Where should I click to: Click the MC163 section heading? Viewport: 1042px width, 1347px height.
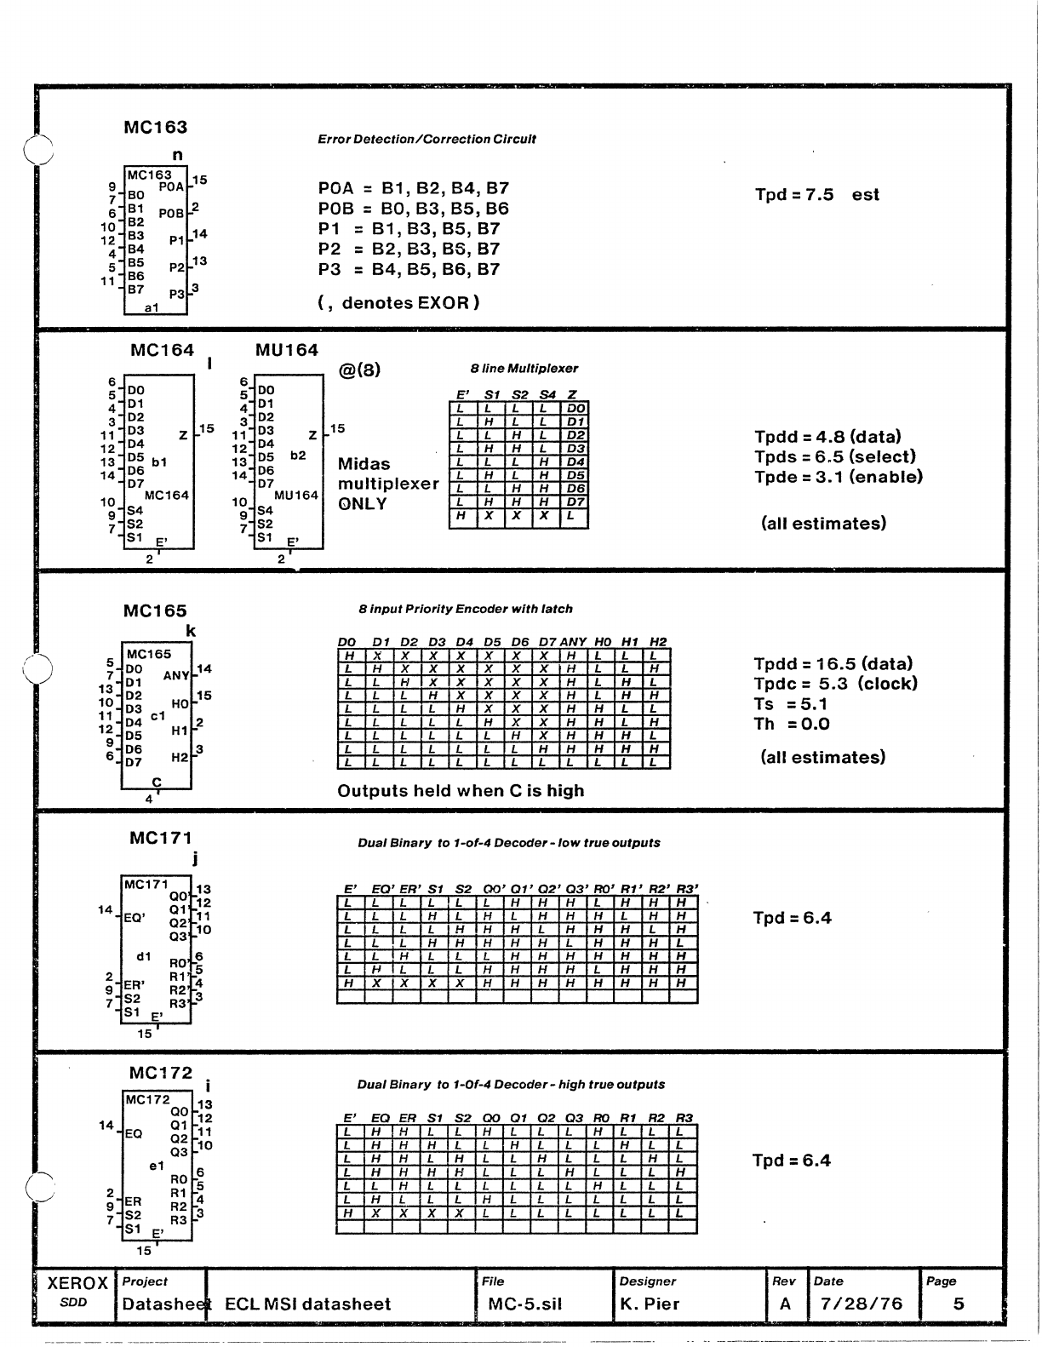pos(156,128)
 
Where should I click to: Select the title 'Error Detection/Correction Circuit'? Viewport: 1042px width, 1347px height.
pos(421,139)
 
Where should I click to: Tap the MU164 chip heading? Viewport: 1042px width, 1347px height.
pos(287,350)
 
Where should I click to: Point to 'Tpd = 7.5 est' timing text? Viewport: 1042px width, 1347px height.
pos(816,194)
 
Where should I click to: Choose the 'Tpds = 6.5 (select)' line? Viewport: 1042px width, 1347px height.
pos(834,456)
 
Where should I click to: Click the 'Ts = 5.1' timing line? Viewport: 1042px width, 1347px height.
pos(791,704)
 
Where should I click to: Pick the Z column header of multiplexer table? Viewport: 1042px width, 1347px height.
pos(573,395)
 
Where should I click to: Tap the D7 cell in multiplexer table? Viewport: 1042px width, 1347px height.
pos(575,502)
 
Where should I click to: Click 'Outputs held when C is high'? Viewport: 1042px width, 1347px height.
pos(461,790)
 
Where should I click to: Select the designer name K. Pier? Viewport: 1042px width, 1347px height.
pos(650,1304)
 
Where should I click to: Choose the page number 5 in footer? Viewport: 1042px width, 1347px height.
pos(959,1304)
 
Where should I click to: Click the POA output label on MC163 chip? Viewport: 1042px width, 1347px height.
pos(171,186)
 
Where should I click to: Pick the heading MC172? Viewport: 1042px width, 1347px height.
pos(161,1073)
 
